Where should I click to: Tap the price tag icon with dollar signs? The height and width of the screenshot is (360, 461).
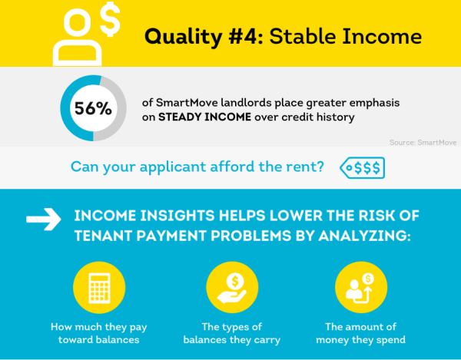click(x=363, y=167)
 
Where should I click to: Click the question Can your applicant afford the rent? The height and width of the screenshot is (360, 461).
click(x=197, y=167)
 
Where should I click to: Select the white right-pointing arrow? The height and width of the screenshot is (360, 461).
click(x=43, y=220)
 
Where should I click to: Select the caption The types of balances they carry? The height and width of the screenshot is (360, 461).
click(x=230, y=332)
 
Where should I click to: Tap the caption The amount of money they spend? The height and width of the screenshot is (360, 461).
click(x=361, y=332)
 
